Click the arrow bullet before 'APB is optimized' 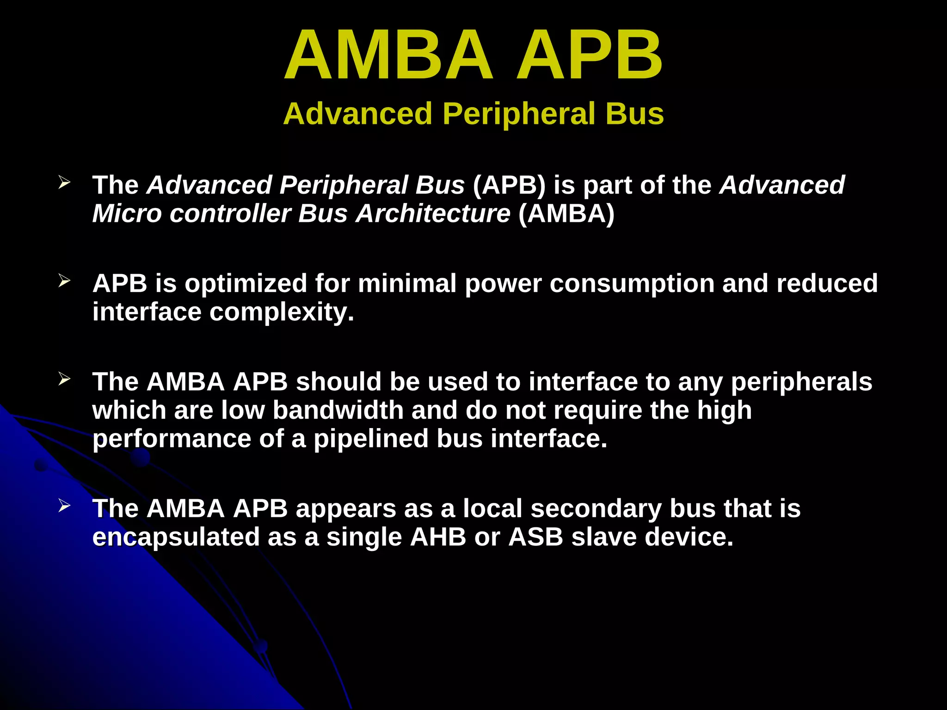tap(64, 281)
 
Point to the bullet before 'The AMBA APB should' tap(64, 379)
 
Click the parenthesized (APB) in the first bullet tap(509, 185)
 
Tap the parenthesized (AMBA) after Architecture tap(566, 214)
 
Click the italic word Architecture tap(433, 214)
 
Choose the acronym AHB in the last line tap(438, 537)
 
